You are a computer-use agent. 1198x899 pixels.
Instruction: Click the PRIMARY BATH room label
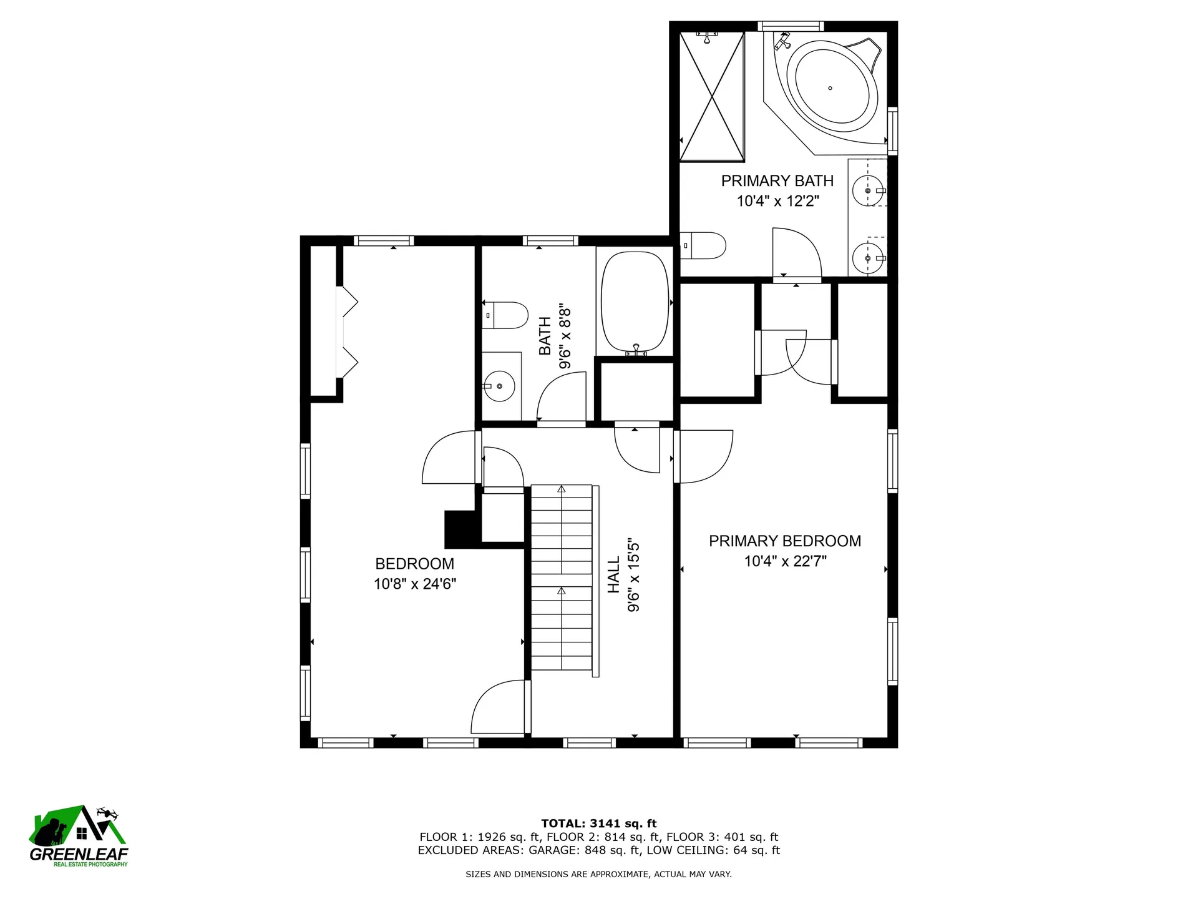pos(777,181)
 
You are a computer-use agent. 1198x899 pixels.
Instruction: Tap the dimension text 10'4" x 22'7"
pos(785,561)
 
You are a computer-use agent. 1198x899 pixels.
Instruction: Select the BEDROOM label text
pos(414,564)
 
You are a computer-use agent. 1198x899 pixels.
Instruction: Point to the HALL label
pos(614,574)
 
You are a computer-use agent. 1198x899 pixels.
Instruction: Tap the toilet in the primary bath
pos(703,245)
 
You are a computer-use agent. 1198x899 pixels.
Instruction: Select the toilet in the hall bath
pos(505,315)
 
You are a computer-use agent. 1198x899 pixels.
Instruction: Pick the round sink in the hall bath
pos(499,387)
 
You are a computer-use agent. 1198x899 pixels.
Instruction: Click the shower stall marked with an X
pos(712,96)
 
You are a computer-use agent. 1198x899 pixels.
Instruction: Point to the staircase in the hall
pos(562,577)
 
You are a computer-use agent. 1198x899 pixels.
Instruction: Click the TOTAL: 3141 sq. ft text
pos(599,823)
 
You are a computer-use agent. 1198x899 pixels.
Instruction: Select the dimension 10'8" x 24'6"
pos(415,584)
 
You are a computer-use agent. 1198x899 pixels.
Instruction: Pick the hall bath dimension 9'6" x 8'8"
pos(565,337)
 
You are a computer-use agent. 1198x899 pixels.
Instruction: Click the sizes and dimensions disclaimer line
pos(599,874)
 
